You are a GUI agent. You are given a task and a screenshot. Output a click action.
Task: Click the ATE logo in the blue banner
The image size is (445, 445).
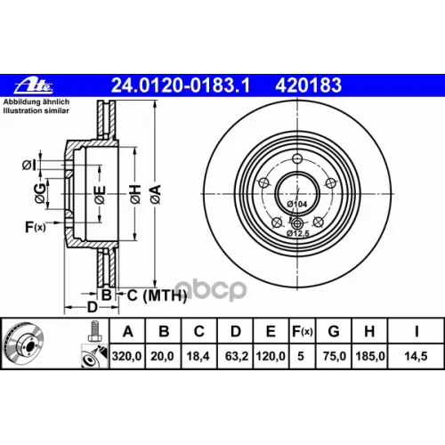click(x=34, y=85)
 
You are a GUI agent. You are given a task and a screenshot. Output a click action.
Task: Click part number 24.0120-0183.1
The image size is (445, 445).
click(x=181, y=85)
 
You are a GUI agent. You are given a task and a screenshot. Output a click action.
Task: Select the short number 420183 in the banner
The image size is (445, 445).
click(x=308, y=85)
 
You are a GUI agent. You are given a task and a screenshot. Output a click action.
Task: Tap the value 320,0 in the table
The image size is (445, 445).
click(x=126, y=356)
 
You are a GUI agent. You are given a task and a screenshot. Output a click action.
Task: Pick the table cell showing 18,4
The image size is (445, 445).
click(x=198, y=356)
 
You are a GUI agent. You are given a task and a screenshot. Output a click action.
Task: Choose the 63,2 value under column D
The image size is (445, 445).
click(x=237, y=356)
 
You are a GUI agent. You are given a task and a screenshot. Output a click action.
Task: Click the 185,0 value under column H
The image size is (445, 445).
click(x=370, y=356)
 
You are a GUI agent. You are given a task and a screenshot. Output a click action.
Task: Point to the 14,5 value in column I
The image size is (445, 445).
click(x=416, y=356)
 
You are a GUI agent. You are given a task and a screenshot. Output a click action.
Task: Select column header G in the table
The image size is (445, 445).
click(x=334, y=331)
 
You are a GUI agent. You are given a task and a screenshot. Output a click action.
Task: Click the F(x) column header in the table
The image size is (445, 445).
click(x=303, y=331)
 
